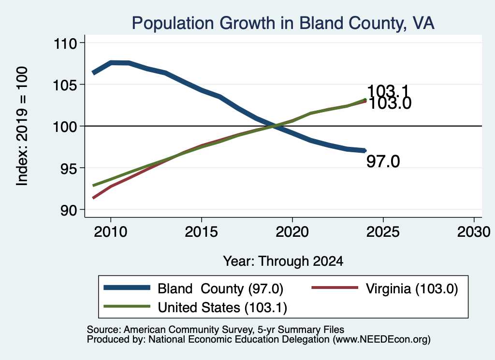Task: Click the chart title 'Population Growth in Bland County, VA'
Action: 283,23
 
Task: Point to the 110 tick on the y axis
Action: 65,43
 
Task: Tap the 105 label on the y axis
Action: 65,85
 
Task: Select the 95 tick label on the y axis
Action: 69,169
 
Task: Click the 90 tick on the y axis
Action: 69,210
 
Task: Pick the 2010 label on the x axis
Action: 111,232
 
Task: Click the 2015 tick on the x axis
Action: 202,232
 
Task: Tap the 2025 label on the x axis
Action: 383,232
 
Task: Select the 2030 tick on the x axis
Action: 474,232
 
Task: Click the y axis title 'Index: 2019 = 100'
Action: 22,126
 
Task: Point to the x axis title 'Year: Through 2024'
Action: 283,261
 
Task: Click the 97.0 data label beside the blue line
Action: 383,161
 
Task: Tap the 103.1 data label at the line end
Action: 388,91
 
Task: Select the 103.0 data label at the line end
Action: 390,103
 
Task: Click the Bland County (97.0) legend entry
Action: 193,288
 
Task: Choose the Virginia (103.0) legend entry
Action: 384,288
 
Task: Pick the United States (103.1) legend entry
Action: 195,307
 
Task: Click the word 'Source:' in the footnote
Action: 104,330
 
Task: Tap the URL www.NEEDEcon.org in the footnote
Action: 381,339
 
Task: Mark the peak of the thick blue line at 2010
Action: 111,63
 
